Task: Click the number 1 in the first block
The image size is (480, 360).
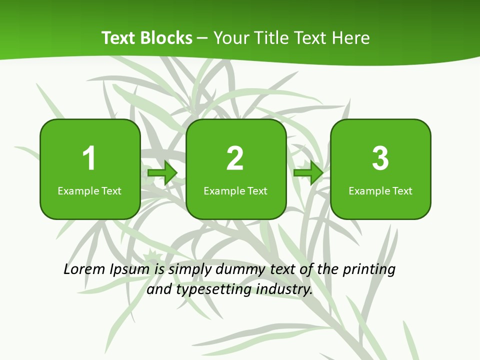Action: point(89,158)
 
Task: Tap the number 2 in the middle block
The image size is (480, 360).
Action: point(235,158)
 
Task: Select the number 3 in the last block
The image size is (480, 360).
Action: point(380,158)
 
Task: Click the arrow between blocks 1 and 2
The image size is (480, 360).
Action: point(163,173)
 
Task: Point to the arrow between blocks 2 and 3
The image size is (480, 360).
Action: point(308,173)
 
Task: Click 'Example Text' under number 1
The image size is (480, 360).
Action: point(89,191)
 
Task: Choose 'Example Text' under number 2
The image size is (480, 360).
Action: point(235,191)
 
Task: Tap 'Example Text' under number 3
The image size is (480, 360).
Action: point(380,191)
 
